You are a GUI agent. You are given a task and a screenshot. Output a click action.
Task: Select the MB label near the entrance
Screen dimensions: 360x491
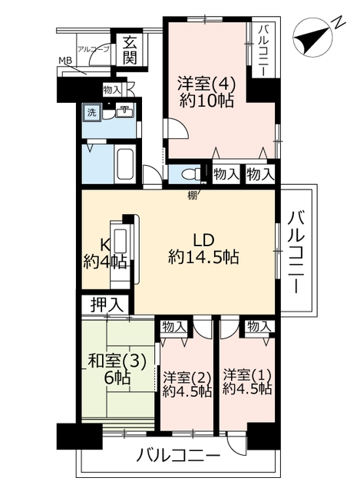coord(65,61)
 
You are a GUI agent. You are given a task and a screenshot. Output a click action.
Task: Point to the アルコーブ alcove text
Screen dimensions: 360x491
coord(94,49)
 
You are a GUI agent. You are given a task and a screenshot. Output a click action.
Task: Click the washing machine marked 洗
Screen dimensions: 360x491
coord(92,113)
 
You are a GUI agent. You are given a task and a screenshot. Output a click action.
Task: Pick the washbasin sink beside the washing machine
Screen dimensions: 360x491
coord(125,112)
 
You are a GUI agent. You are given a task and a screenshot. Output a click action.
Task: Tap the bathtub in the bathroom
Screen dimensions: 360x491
coord(125,163)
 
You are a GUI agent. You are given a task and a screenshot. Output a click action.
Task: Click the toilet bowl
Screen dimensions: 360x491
coord(191,174)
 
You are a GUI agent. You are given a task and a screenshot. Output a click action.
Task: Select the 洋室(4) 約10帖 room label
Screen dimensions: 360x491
coord(206,92)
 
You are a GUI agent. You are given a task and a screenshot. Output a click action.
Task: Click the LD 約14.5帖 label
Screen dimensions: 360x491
coord(203,249)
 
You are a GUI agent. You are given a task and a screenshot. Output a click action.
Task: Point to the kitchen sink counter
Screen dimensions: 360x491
coord(120,254)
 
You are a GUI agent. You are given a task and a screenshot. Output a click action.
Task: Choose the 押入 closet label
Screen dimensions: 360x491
coord(107,305)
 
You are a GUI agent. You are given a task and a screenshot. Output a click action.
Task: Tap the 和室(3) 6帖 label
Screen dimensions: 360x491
coord(117,370)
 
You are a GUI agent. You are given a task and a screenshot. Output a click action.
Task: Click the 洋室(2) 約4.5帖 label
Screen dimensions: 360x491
coord(187,384)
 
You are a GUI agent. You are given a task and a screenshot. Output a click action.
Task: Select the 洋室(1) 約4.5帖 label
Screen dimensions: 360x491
coord(247,382)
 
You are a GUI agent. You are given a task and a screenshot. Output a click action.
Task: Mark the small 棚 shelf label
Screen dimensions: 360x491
coord(192,196)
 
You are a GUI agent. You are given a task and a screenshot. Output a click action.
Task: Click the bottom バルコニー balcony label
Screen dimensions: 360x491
coord(177,455)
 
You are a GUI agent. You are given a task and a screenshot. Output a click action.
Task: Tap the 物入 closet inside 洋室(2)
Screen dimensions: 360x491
coord(173,327)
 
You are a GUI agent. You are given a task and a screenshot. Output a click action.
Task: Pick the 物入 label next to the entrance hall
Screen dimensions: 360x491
coord(112,90)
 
